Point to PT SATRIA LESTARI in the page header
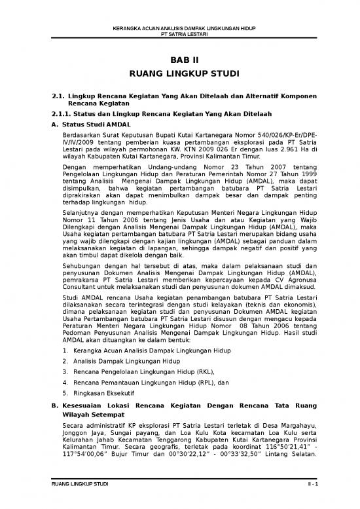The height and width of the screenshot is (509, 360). (179, 33)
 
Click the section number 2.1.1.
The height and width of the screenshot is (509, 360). (52, 114)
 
